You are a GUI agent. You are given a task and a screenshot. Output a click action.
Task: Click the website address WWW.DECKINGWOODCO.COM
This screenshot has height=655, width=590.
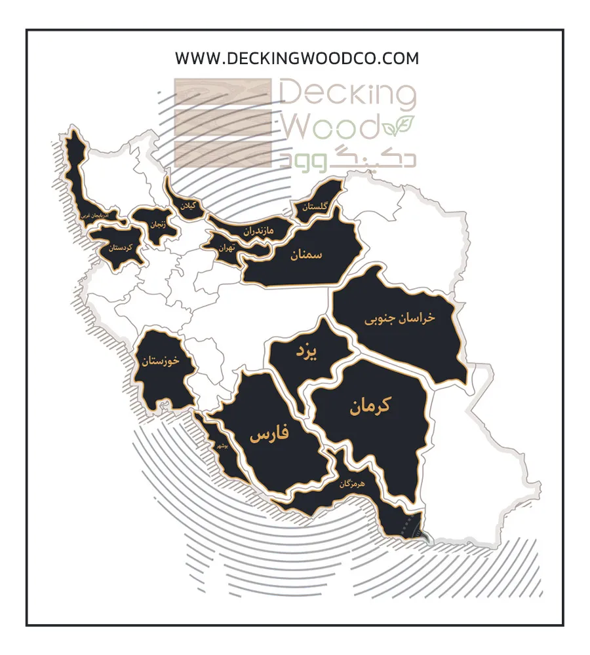click(296, 58)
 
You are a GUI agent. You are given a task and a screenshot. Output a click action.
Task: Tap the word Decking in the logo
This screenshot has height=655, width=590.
click(348, 95)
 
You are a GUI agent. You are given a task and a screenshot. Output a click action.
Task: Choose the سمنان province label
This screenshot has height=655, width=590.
click(307, 254)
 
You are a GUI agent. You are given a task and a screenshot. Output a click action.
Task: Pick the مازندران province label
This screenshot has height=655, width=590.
click(263, 231)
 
